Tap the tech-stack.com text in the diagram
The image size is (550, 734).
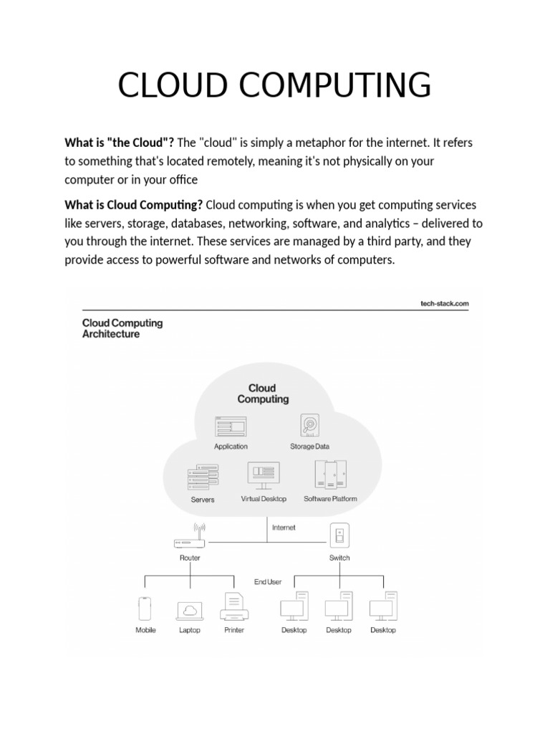(445, 303)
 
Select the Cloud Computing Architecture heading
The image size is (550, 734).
(122, 328)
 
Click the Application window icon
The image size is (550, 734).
(231, 427)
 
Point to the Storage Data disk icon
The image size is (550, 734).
(310, 426)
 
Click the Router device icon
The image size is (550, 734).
(190, 539)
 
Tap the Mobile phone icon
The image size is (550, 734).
(145, 609)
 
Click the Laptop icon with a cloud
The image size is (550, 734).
(190, 610)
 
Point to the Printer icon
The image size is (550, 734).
(234, 608)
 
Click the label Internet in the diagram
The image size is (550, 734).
(284, 528)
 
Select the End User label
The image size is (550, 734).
(268, 582)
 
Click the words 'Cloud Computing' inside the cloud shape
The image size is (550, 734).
(264, 394)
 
